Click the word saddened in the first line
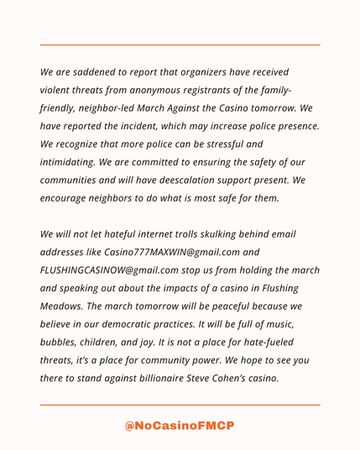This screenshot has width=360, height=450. [x=99, y=73]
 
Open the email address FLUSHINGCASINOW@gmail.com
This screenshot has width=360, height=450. [x=110, y=269]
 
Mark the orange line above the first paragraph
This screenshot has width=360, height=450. [x=180, y=45]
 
